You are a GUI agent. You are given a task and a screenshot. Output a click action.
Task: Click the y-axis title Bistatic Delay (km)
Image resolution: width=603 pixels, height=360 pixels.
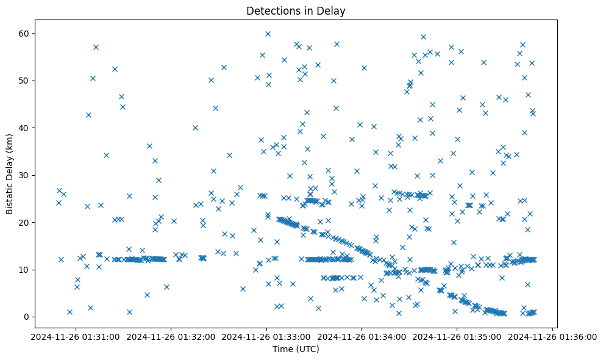(10, 174)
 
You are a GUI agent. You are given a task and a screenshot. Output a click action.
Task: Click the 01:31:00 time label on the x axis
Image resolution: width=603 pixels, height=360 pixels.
(76, 336)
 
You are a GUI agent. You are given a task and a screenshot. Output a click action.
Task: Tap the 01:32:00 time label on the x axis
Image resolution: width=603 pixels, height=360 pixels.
(171, 336)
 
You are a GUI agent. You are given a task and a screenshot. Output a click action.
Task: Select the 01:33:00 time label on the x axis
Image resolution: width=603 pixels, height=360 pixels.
(267, 336)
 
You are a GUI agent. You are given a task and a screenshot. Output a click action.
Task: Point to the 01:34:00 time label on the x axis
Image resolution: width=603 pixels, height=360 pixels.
(362, 336)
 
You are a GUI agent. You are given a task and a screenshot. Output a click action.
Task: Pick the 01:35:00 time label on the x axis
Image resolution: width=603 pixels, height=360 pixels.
(457, 336)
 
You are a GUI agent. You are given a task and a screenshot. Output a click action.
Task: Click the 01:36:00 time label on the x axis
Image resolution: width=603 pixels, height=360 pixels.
(553, 336)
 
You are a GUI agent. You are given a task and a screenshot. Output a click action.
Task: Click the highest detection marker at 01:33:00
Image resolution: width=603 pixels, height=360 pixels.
(268, 34)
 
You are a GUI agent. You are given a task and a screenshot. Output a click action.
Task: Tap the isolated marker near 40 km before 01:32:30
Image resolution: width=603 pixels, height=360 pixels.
(195, 128)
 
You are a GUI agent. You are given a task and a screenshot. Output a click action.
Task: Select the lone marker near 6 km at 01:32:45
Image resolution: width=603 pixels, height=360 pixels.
(243, 289)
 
